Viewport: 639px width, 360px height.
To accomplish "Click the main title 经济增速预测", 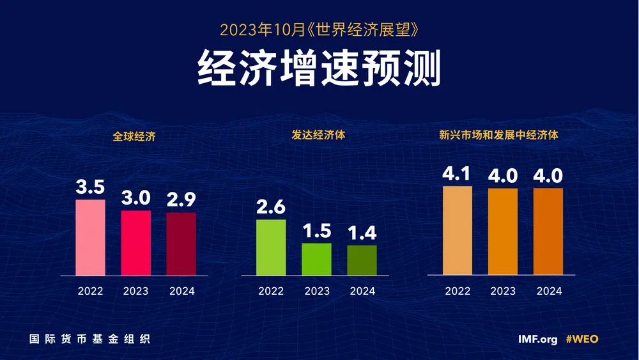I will coord(319,69).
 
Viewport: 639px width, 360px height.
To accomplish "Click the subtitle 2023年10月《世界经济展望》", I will coord(319,29).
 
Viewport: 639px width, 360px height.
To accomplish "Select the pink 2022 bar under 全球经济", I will coord(91,237).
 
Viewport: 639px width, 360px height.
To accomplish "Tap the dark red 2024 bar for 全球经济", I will coord(181,244).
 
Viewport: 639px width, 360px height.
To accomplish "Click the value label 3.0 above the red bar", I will coord(136,198).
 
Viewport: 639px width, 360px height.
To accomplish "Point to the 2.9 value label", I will coord(181,200).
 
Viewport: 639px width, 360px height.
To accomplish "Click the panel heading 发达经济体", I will coord(318,136).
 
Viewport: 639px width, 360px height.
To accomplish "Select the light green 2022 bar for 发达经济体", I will coord(271,247).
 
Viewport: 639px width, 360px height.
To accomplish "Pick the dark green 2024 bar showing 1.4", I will coord(362,260).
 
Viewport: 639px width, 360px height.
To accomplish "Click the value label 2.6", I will coord(271,207).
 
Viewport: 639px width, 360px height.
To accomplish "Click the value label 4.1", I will coord(458,174).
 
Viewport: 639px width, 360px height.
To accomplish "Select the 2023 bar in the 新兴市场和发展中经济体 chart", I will coord(503,231).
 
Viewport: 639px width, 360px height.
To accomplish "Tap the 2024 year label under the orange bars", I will coord(549,291).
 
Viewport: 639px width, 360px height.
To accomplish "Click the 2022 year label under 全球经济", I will coord(91,291).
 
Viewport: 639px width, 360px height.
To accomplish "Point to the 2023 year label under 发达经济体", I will coord(317,291).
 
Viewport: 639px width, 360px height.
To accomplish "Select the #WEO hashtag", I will coord(582,339).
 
